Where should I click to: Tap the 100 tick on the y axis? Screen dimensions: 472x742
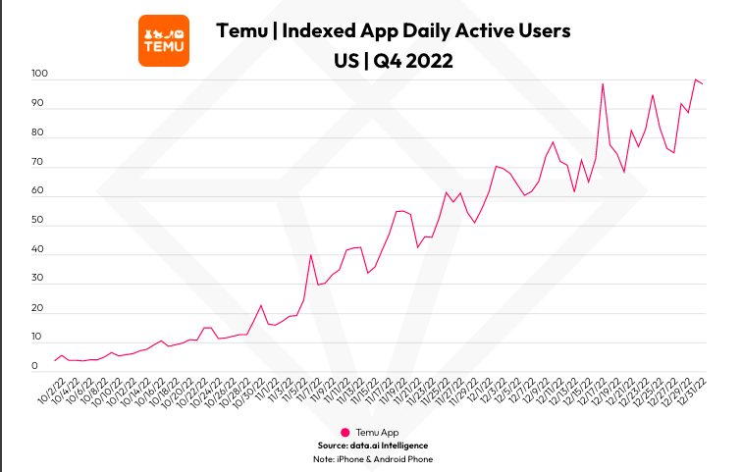coord(40,75)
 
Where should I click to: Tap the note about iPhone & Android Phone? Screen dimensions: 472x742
coord(373,458)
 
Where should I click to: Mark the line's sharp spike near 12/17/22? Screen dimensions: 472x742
coord(603,84)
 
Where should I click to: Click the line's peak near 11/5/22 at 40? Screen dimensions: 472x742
coord(311,255)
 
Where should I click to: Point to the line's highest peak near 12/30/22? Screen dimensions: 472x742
coord(696,79)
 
